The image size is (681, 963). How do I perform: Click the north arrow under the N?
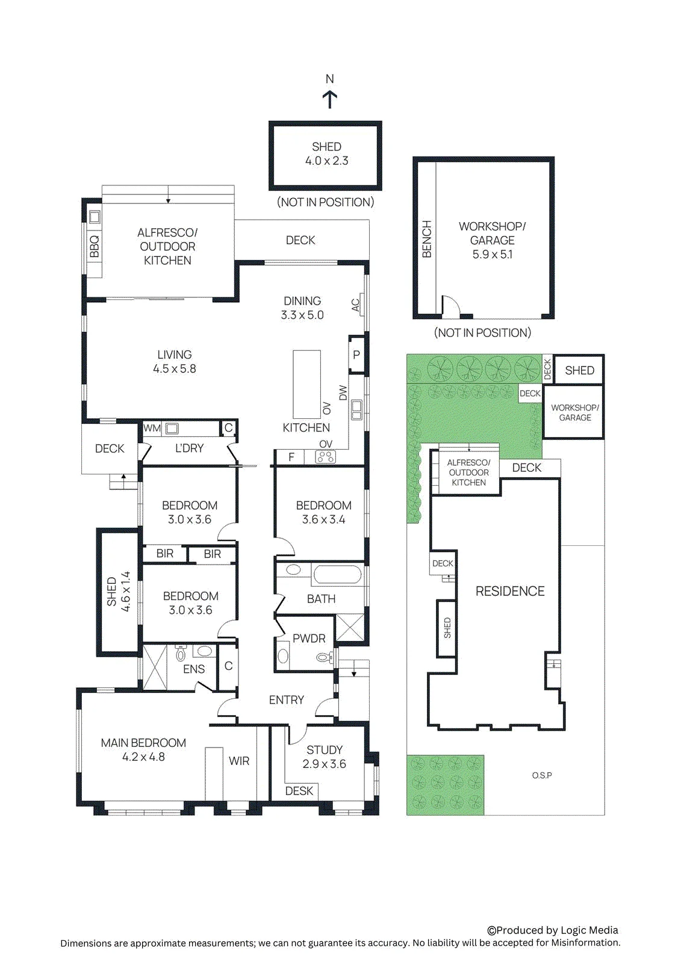pos(329,100)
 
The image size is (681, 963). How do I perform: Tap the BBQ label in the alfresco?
pos(95,246)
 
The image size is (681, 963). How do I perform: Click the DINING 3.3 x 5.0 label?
pos(302,308)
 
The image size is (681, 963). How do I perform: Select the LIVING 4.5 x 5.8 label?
pos(175,362)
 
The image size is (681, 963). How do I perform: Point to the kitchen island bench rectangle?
pos(306,385)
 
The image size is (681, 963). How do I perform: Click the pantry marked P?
pos(356,355)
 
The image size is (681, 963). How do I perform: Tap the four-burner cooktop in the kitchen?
pos(326,457)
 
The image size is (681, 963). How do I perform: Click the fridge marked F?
pos(291,457)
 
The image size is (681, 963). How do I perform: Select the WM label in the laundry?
pos(152,428)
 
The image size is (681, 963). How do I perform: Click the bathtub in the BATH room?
pos(337,575)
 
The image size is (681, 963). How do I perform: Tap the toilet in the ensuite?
pos(181,653)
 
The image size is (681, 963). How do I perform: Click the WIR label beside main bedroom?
pos(239,761)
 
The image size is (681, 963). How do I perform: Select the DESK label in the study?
pos(299,791)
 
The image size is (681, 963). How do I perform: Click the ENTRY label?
pos(287,700)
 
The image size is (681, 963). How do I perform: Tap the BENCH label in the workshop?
pos(427,239)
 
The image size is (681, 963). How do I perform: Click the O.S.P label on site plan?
pos(542,776)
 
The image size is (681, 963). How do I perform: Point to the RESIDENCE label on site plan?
pos(510,591)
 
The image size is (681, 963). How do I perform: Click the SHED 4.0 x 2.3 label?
pos(326,154)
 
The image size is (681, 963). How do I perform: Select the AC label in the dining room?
pos(355,305)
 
